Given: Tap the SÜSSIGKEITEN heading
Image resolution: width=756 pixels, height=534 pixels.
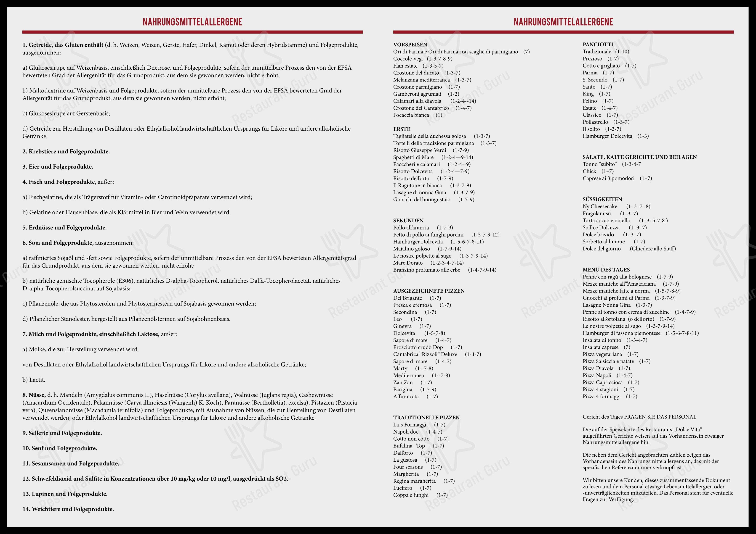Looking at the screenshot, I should click(x=602, y=199).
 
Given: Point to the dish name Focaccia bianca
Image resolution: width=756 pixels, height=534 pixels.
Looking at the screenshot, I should click(x=411, y=115).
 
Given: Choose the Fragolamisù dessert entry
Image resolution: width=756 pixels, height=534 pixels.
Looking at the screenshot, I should click(x=597, y=213).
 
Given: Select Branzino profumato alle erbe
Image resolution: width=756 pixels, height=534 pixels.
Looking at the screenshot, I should click(x=426, y=270).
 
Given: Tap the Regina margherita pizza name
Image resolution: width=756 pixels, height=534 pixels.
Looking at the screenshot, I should click(x=414, y=481).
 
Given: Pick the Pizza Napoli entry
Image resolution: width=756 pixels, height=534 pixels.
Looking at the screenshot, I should click(x=597, y=375).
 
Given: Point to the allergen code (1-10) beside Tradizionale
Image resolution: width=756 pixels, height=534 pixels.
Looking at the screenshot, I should click(x=622, y=52).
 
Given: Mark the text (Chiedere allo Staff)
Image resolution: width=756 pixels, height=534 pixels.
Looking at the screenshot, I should click(x=653, y=249).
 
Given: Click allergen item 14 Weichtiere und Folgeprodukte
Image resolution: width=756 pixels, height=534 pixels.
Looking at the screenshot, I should click(x=68, y=509).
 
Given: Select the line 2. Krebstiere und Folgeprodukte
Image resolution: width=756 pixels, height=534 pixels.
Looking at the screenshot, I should click(x=66, y=152).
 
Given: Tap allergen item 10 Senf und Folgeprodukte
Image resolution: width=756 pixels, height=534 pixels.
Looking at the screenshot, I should click(x=60, y=448).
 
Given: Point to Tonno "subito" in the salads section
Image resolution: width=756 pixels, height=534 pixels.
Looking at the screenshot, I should click(x=599, y=164).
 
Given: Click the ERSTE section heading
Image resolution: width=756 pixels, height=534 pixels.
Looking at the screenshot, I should click(x=401, y=129).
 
